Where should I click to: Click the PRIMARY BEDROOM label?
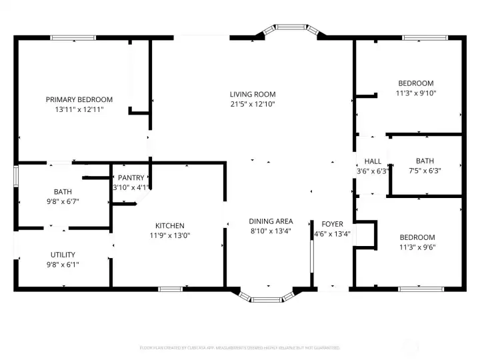tap(79, 99)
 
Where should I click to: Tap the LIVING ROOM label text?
tap(253, 94)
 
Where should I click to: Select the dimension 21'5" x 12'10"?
tap(253, 104)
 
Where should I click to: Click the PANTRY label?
tap(131, 177)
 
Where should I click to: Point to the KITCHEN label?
tap(170, 225)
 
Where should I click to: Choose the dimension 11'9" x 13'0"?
tap(170, 235)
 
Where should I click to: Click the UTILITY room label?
tap(63, 255)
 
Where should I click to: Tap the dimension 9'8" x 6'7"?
tap(63, 202)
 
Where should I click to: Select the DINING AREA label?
tap(271, 221)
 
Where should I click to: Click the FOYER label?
tap(332, 224)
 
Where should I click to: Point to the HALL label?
tap(373, 161)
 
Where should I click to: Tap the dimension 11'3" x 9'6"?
tap(417, 247)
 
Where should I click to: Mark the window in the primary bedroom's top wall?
tap(73, 38)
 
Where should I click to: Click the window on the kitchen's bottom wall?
tap(171, 289)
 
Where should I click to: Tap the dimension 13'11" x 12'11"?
tap(79, 109)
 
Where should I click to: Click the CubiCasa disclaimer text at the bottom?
tap(239, 347)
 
